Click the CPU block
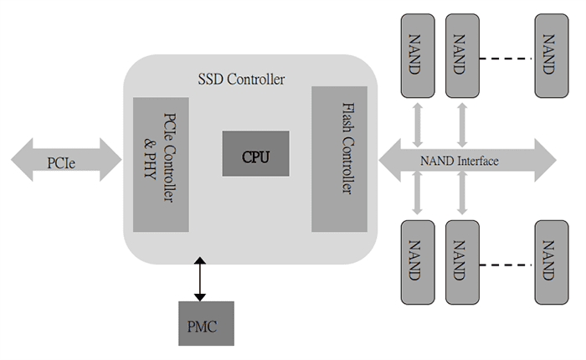pos(256,153)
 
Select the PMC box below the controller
pos(201,324)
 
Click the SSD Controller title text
pos(241,80)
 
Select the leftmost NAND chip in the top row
pos(414,55)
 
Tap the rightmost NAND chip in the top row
pos(547,55)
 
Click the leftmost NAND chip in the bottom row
pos(414,261)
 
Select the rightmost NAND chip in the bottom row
pos(547,261)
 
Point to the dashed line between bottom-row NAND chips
pos(506,266)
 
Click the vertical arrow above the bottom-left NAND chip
pos(415,197)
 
